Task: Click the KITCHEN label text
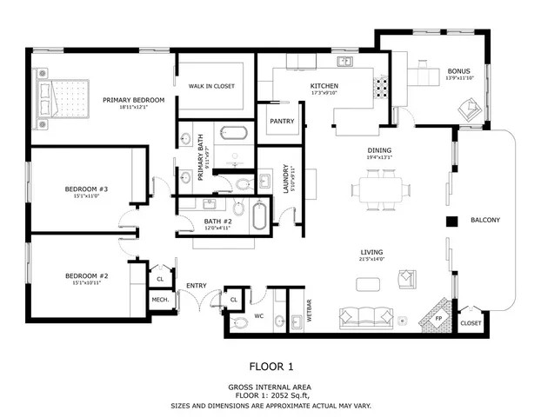324,85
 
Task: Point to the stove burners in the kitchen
380,88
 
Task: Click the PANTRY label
282,121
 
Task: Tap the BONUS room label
458,71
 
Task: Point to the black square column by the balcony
451,221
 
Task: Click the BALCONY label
484,220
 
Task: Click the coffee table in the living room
368,284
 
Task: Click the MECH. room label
160,300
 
